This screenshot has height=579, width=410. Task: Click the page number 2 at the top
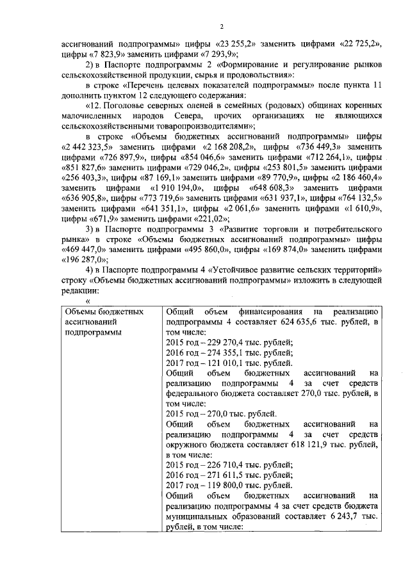221,26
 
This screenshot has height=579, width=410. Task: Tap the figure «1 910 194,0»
176,187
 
